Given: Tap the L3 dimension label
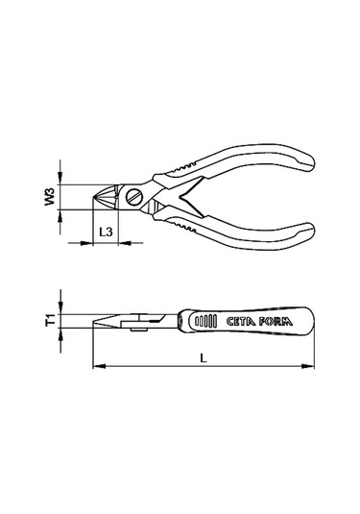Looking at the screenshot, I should [x=106, y=233].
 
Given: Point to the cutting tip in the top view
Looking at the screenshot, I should [x=96, y=199].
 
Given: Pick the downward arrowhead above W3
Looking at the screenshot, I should [x=60, y=181].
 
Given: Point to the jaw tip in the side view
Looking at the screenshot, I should [x=96, y=328].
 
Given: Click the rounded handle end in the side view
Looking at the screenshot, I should [x=311, y=321].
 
